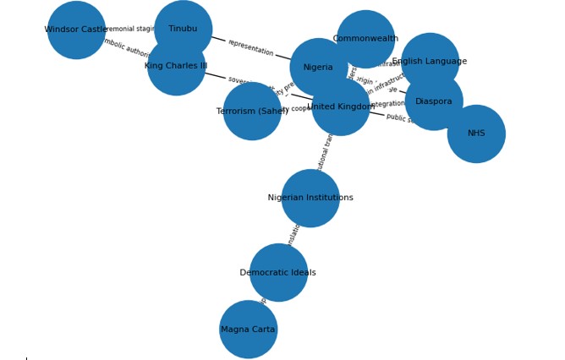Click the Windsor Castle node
76,30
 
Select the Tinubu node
183,30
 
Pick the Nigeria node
318,68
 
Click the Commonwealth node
365,39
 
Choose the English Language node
430,62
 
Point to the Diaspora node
434,101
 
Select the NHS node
476,134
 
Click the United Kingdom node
341,106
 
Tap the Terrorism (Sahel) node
252,112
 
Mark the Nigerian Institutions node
310,199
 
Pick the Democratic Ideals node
278,273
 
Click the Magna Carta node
248,330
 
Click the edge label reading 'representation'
250,48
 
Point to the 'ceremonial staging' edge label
131,30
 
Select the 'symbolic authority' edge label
127,49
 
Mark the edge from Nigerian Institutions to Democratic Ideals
294,236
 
